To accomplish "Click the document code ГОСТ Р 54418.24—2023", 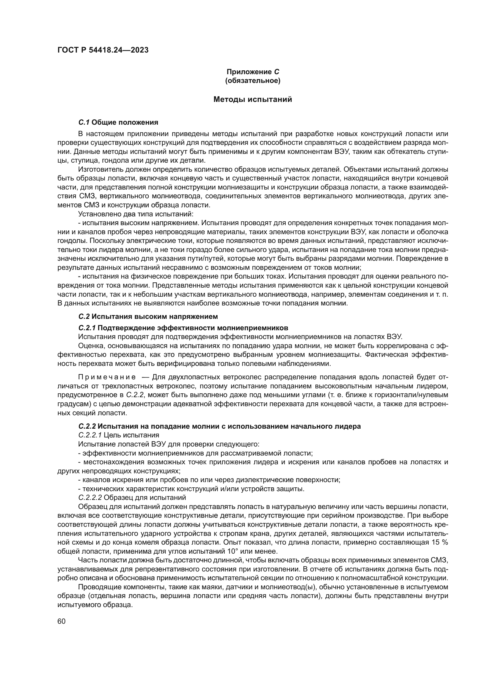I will pos(103,50).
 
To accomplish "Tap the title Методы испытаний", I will pos(253,100).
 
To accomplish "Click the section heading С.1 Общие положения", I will pos(118,122).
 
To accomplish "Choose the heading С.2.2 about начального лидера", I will pos(220,426).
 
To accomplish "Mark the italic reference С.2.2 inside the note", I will pos(135,395).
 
